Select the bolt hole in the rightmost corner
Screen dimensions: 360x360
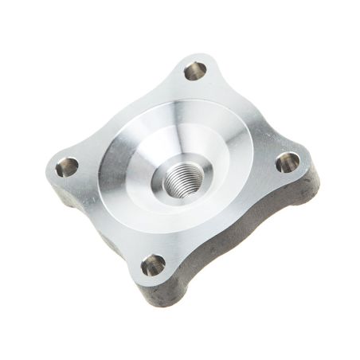tap(287, 164)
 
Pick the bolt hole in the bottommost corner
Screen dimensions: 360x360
tap(154, 264)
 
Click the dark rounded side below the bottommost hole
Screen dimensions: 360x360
tap(159, 296)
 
